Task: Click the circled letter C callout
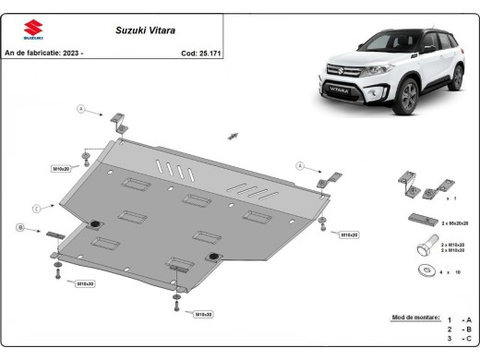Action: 36,209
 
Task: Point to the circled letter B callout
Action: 20,227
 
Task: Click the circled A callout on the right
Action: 300,165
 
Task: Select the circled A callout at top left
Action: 81,110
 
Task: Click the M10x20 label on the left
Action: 62,168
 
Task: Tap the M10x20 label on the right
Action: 349,234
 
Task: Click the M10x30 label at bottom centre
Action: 202,314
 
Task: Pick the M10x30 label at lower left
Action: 83,283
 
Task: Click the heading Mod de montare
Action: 415,317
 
